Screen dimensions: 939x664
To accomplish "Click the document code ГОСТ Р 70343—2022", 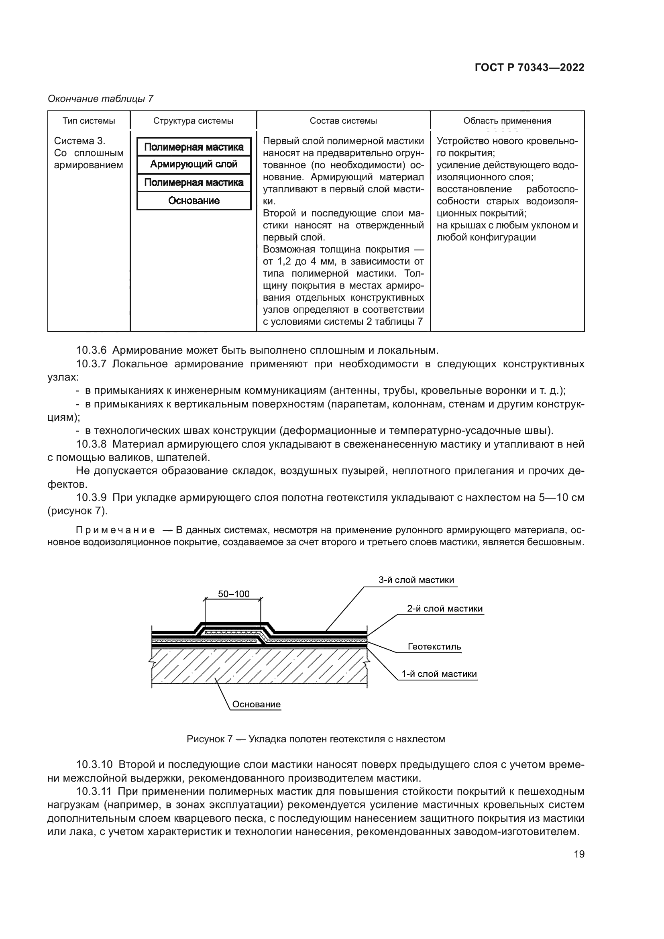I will click(530, 67).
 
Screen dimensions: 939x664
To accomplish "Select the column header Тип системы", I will click(89, 121).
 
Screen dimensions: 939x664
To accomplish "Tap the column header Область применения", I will click(507, 121).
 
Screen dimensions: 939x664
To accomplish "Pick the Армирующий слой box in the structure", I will click(194, 165).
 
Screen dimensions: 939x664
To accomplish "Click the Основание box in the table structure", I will click(194, 201).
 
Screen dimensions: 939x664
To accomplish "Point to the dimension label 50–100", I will click(234, 594).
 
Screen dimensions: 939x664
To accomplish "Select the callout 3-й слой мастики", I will click(416, 580).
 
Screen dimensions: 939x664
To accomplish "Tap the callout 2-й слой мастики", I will click(444, 609).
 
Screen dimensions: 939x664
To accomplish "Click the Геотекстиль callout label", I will click(434, 647).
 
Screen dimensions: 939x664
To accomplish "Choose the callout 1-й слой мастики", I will click(439, 674).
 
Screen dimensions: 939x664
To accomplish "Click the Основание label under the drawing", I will click(257, 704).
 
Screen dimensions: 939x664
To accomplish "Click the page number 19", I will click(579, 854).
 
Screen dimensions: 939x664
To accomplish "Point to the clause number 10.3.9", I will click(91, 498).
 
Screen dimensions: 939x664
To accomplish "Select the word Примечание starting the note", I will click(115, 530).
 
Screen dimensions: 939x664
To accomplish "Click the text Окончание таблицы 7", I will click(101, 99).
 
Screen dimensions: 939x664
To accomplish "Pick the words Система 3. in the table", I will click(80, 141).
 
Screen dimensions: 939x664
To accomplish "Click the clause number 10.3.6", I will click(91, 350).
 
